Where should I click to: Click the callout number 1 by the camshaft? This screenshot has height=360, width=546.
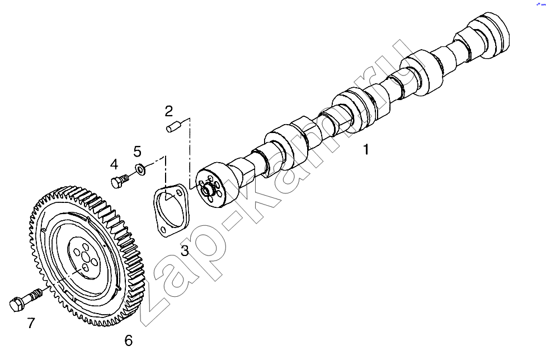(x=366, y=149)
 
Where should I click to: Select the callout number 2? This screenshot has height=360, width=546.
(x=169, y=111)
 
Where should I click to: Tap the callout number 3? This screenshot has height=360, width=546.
(x=185, y=250)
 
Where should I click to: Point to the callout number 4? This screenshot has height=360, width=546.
(x=114, y=164)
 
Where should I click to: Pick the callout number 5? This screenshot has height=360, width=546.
(x=138, y=151)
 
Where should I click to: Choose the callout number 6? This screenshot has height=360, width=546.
(x=129, y=340)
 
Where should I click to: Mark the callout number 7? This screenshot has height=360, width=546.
(x=31, y=323)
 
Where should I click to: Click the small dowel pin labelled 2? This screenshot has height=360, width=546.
(x=172, y=125)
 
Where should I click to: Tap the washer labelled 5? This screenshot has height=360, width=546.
(x=140, y=169)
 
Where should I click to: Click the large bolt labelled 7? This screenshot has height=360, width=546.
(x=26, y=300)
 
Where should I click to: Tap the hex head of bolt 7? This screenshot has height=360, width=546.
(x=16, y=304)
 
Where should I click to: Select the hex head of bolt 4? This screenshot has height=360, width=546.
(x=116, y=183)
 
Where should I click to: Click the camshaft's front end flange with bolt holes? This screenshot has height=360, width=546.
(x=211, y=184)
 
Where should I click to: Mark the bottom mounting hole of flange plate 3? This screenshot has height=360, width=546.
(x=163, y=230)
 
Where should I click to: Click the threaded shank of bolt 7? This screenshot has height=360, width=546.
(x=35, y=295)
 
